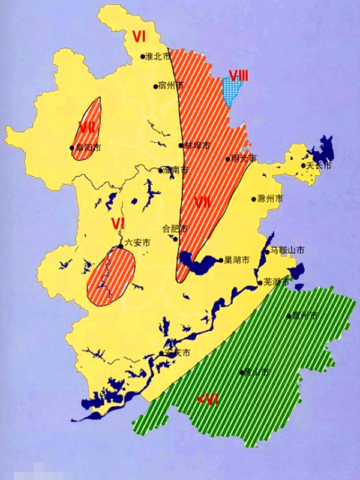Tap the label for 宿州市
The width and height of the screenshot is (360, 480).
pyautogui.click(x=170, y=85)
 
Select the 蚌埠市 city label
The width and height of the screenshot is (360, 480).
pyautogui.click(x=197, y=145)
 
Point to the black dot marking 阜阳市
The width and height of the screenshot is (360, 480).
pyautogui.click(x=72, y=148)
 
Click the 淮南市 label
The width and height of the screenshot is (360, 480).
pyautogui.click(x=176, y=170)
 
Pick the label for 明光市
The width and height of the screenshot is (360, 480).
pyautogui.click(x=244, y=158)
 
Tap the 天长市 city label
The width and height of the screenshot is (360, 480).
pyautogui.click(x=319, y=166)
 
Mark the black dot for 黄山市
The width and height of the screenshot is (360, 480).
pyautogui.click(x=241, y=373)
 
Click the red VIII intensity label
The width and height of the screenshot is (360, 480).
pyautogui.click(x=238, y=76)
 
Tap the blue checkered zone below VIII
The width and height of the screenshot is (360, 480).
pyautogui.click(x=232, y=92)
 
